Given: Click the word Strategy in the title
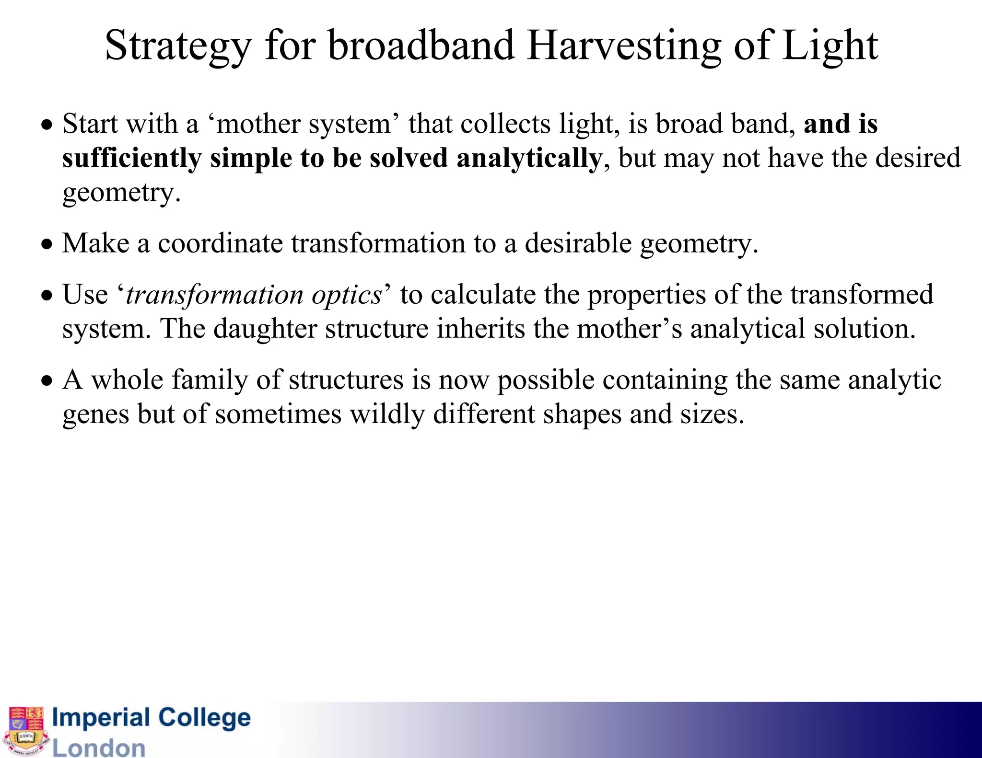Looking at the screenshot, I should (x=177, y=46).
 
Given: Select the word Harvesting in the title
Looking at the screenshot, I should (x=623, y=46).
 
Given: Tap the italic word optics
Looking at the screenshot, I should (x=347, y=295).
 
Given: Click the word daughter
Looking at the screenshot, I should (x=265, y=329).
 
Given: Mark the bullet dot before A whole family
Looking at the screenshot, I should (x=47, y=381).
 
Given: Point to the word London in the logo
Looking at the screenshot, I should (x=99, y=747).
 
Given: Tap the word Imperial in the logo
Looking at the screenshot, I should (x=101, y=718).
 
